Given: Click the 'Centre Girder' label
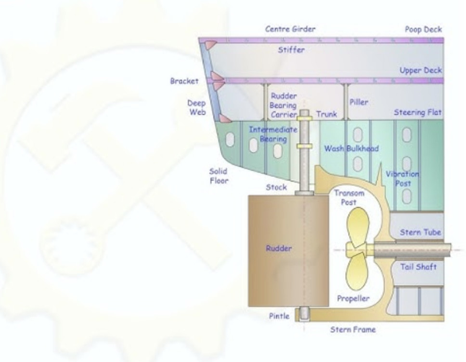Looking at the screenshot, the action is pos(290,29).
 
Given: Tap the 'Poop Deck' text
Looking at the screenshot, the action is pos(423,29).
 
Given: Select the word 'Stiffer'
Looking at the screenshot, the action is pos(291,50).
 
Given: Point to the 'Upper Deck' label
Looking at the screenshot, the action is pos(421,70).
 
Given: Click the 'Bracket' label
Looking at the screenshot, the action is pos(184,81).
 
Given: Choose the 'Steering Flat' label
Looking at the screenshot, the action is pos(417,112).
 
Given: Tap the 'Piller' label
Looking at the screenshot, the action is pos(359,102).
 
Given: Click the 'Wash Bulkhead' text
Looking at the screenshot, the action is pos(351,148).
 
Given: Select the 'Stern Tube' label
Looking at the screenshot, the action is pos(420,232).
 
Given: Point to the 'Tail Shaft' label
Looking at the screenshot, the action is pos(418,267).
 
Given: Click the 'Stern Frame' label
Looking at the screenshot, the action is pos(353,330).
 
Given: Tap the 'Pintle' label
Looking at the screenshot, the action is pos(279,316).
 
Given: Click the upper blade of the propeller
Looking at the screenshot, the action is pos(358,226).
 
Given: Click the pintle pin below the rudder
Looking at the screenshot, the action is pos(304,314).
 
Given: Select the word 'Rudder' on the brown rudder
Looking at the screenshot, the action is pos(278,248).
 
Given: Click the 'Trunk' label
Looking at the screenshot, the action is pos(326,114).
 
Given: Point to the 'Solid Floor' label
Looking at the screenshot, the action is pos(219,176).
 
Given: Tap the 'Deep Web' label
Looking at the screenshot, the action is pos(197,107).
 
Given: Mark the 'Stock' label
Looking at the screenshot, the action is pos(276,187).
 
